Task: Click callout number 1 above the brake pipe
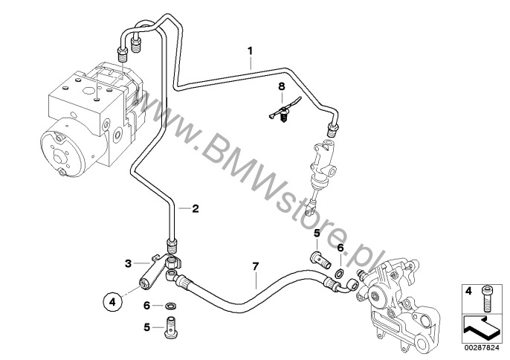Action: click(x=251, y=51)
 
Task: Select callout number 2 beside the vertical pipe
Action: click(x=196, y=209)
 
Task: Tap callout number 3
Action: click(x=127, y=263)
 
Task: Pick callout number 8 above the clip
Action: click(x=282, y=87)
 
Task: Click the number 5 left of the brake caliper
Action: click(x=317, y=233)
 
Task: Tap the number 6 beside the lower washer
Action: click(x=147, y=305)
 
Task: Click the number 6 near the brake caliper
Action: click(x=340, y=248)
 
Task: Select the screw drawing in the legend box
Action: click(x=488, y=300)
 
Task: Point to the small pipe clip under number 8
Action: click(x=282, y=113)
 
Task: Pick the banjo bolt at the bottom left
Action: click(x=174, y=327)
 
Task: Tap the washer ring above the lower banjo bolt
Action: click(x=170, y=305)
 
